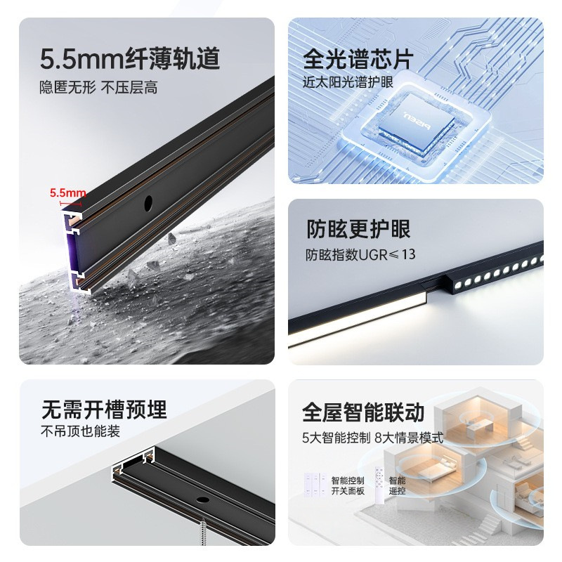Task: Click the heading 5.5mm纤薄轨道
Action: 130,59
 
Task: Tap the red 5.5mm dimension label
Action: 67,192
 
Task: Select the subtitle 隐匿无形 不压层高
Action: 98,89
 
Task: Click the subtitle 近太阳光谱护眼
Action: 348,81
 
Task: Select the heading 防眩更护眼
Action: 358,229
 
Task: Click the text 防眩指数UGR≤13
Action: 360,254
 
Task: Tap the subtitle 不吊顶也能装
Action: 80,431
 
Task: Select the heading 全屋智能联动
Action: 363,412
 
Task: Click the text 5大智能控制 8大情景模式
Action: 372,438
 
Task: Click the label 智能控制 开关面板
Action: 348,485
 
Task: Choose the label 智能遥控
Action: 397,485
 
